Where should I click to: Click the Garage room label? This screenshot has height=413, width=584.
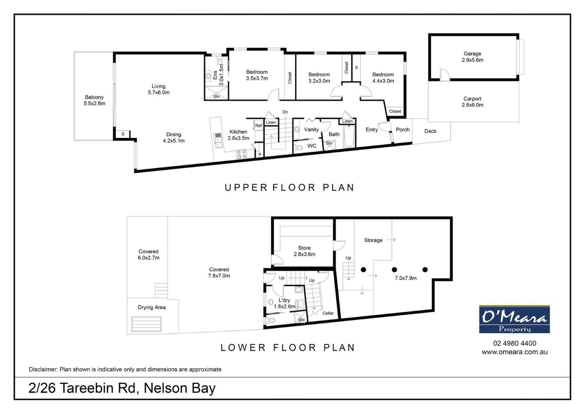tap(472, 54)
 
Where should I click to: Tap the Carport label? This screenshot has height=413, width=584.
tap(472, 99)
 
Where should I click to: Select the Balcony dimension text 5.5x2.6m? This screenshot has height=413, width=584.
tap(94, 103)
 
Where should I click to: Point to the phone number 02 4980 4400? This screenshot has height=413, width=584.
tap(515, 343)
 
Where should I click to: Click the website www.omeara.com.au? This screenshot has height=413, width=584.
tap(515, 352)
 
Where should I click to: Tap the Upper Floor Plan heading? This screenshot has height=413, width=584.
tap(290, 187)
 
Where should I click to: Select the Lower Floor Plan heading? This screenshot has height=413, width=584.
tap(288, 348)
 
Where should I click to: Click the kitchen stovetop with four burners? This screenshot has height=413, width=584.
tap(242, 154)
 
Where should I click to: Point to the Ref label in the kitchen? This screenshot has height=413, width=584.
tap(259, 125)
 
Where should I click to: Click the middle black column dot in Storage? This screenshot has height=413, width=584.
tap(394, 270)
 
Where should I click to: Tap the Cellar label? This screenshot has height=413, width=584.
tap(328, 313)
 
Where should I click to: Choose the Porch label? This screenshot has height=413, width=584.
tap(403, 130)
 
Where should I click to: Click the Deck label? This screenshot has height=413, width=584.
tap(430, 131)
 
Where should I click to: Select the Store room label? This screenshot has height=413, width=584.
tap(304, 248)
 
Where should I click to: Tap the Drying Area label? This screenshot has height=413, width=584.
tap(152, 307)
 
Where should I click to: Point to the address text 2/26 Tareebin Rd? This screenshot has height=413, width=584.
tap(82, 388)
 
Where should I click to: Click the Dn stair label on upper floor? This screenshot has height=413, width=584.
tap(285, 112)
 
